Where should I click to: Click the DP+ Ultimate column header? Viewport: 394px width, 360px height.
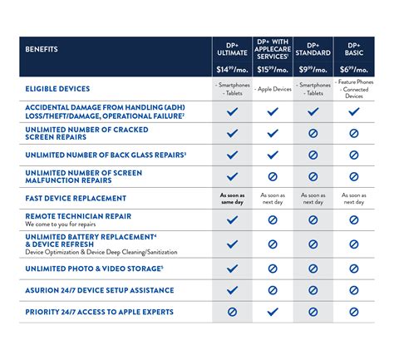coord(232,49)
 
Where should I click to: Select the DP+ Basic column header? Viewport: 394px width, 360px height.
coord(354,49)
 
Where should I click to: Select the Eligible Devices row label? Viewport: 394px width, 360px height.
coord(57,89)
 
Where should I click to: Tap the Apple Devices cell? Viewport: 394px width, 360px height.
coord(273,89)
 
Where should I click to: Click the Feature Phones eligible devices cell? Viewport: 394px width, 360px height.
coord(354,89)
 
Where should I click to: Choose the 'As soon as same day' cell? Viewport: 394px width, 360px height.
coord(232,198)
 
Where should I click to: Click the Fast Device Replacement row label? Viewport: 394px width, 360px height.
coord(76,198)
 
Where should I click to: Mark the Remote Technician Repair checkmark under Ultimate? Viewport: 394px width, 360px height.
coord(232,219)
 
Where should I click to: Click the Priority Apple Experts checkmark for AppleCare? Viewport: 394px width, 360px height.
coord(273,311)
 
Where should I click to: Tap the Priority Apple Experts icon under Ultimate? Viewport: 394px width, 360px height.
coord(232,311)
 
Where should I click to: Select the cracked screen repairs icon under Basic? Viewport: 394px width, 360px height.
coord(354,132)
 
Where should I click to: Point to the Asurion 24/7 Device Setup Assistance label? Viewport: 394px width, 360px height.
coord(99,290)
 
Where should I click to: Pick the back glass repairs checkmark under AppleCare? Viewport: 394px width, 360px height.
coord(273,154)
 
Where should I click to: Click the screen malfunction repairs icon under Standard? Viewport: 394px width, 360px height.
coord(313,175)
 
